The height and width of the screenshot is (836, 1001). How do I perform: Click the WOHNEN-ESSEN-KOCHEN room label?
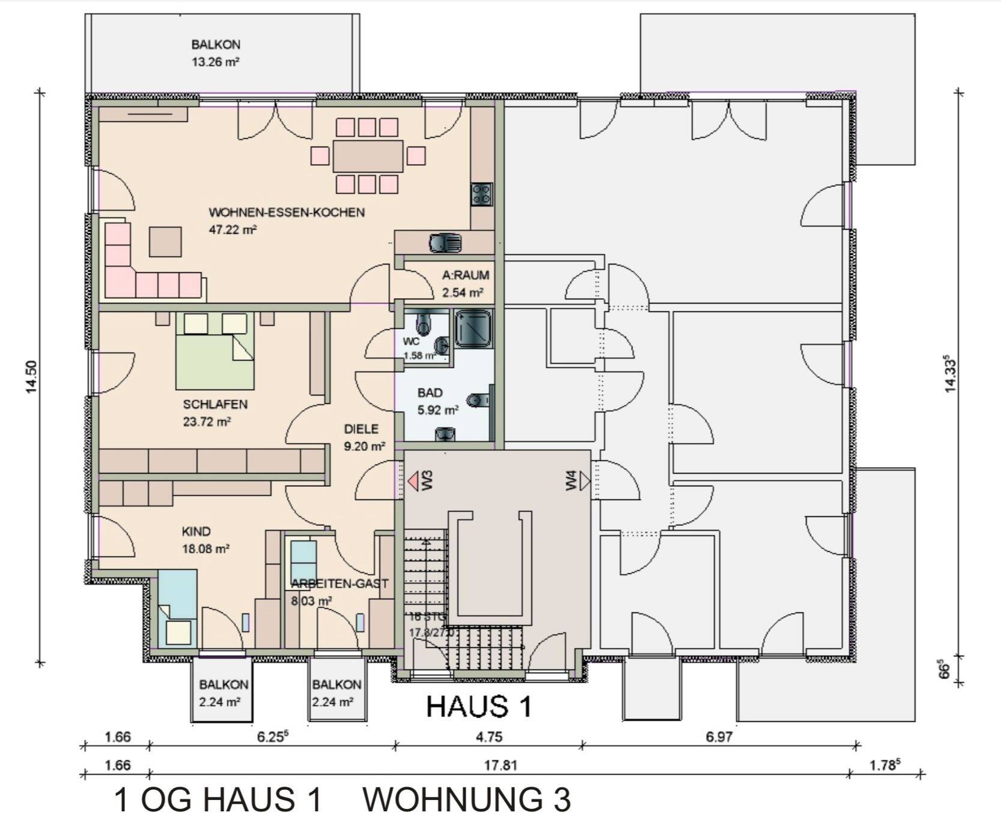coord(287,212)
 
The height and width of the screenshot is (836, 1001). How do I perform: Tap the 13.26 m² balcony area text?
coord(216,61)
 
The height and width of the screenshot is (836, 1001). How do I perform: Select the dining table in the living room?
coord(368,156)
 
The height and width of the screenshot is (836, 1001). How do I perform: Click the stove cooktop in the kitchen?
coord(482,194)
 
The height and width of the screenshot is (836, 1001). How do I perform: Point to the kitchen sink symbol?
coord(445,243)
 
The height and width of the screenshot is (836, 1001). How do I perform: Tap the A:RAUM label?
coord(466,275)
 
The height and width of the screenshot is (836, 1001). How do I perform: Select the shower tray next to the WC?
coord(473,329)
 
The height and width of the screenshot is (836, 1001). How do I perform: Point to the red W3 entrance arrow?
coord(413,481)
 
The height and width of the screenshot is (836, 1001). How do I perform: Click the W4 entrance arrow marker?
coord(585,481)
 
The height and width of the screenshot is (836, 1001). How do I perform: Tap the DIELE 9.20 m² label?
coord(363,437)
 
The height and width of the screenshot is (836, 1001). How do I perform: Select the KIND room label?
coord(196,531)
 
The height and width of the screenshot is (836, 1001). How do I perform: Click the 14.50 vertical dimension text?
coord(31,377)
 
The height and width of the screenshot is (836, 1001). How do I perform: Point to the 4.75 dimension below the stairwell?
coord(488,737)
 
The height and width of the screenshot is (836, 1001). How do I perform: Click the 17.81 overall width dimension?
coord(500,765)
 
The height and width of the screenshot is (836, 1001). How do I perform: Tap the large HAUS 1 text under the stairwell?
coord(479,706)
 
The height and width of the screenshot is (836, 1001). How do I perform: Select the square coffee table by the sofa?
coord(165,241)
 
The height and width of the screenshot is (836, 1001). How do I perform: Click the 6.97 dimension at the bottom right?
coord(719,737)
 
